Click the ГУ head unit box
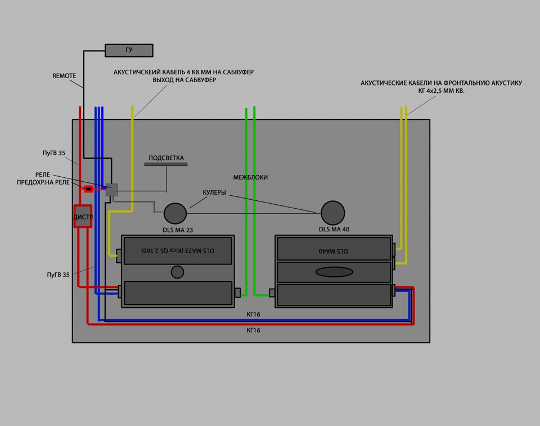coord(129,50)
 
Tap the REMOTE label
coord(64,76)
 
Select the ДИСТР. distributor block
coord(83,217)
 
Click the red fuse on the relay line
coord(89,189)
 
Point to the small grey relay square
coord(111,190)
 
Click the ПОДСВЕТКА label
coord(166,158)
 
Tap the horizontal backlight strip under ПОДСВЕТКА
coord(166,164)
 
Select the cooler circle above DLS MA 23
coord(175,213)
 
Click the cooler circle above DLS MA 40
coord(332,213)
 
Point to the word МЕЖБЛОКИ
coord(250,177)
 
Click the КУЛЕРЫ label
coord(214,192)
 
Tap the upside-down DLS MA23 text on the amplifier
coord(178,250)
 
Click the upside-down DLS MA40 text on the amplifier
coord(334,251)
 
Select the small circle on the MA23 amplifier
coord(177,272)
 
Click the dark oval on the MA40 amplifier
coord(334,272)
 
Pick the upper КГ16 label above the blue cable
coord(254,315)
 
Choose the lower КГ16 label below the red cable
coord(254,330)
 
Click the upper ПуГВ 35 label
coord(54,153)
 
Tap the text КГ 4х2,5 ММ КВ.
coord(441,91)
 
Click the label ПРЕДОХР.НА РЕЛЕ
coord(43,182)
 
